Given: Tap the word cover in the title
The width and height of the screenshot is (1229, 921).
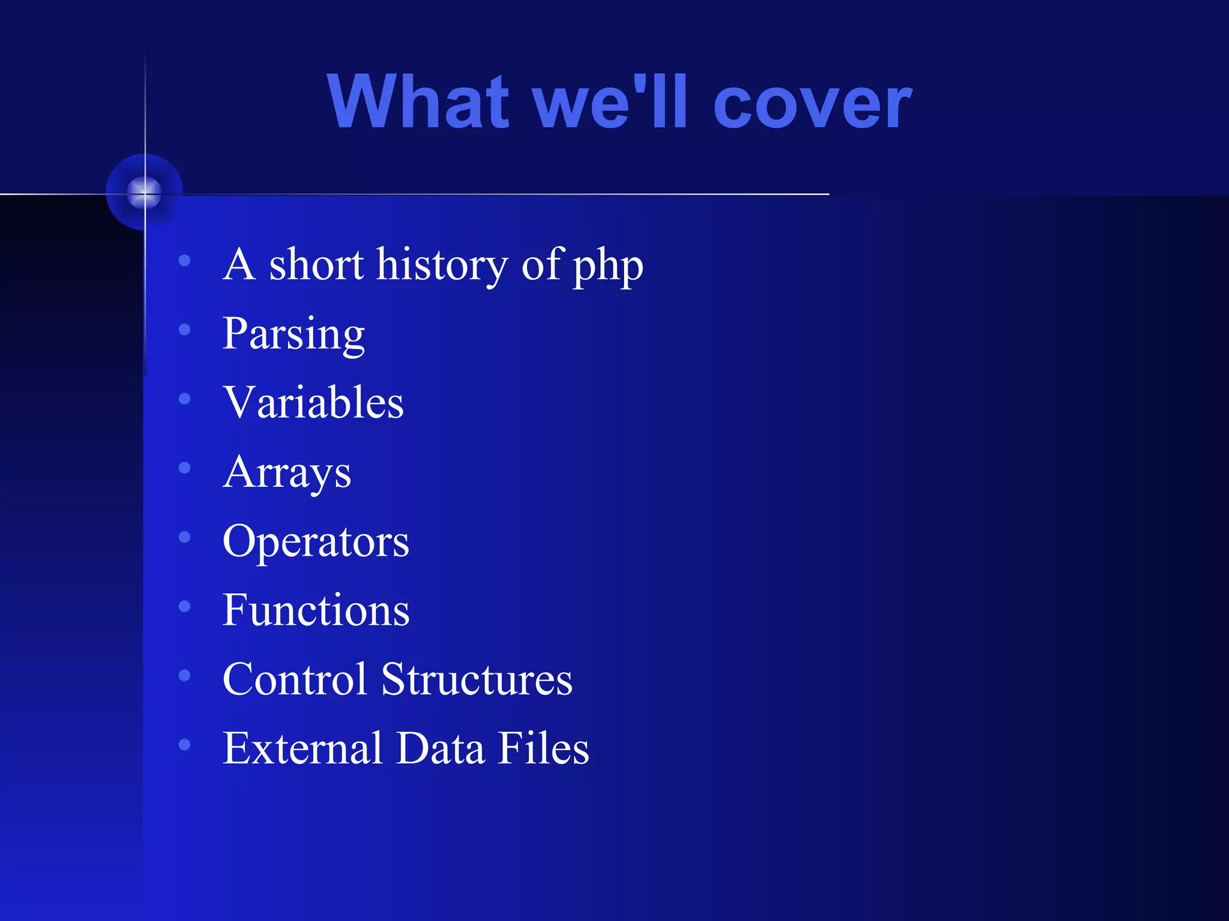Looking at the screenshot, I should (x=813, y=103).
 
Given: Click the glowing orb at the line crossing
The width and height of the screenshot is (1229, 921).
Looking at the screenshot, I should (x=145, y=192).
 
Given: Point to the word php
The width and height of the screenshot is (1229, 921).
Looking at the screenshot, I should (x=607, y=267).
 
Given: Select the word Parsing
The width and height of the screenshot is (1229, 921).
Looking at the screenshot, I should (x=293, y=335).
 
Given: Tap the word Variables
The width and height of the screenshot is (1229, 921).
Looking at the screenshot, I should (x=313, y=402).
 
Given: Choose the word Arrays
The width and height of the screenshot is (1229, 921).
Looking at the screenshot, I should (x=287, y=473).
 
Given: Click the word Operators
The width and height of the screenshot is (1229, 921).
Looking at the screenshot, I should (x=316, y=542).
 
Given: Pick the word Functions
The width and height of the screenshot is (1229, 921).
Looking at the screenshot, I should (x=316, y=610).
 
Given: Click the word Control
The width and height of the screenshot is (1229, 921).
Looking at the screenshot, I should (x=294, y=679).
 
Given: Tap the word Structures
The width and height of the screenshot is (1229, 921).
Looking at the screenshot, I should (x=476, y=679).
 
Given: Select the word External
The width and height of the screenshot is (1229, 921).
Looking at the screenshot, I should (x=302, y=749).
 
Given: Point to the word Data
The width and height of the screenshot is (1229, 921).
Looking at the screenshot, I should (x=440, y=749).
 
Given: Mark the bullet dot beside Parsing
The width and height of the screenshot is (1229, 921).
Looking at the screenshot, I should (x=185, y=329).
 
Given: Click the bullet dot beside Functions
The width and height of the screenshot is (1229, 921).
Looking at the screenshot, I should (x=185, y=606).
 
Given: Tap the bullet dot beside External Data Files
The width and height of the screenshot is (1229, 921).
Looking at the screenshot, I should (x=185, y=745).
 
